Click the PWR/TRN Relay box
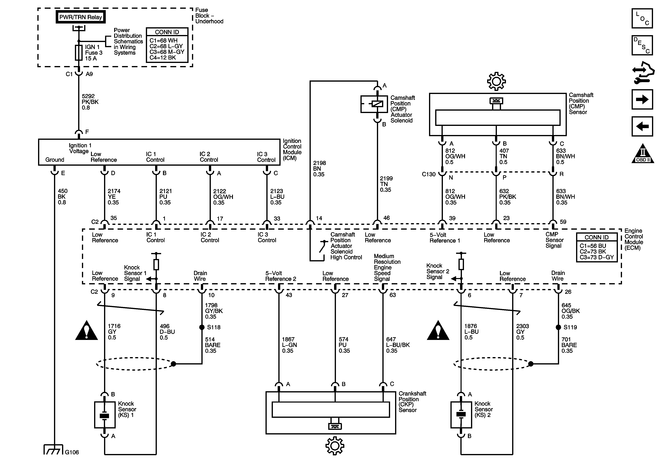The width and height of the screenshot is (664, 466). (x=80, y=17)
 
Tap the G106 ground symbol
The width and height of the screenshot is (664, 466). (x=53, y=450)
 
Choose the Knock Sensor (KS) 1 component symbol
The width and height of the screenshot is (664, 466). (x=105, y=415)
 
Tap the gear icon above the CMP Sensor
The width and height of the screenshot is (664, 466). (x=496, y=81)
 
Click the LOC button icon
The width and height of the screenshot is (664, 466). (x=642, y=18)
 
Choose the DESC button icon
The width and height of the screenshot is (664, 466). (x=642, y=45)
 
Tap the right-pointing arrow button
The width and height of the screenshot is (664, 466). (x=642, y=99)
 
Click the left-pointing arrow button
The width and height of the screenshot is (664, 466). (x=642, y=126)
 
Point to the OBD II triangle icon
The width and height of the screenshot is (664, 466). (x=643, y=154)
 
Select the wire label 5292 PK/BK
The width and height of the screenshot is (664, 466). (x=90, y=102)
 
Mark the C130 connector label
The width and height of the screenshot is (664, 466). (x=429, y=174)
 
